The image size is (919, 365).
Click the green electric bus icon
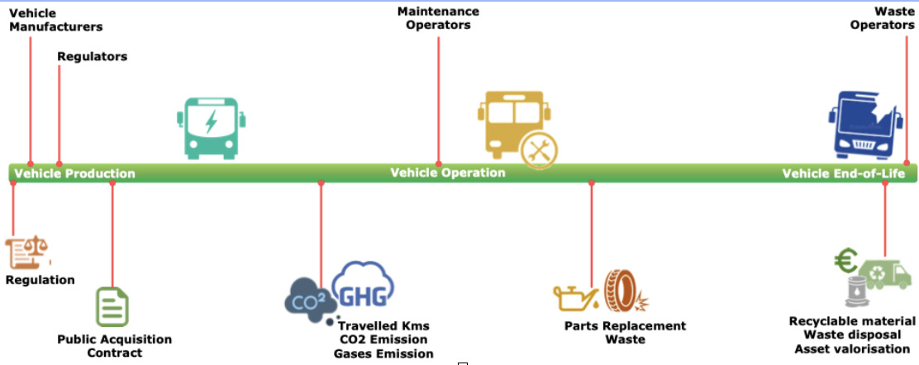pyautogui.click(x=212, y=127)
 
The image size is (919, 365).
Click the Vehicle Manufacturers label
pyautogui.click(x=55, y=20)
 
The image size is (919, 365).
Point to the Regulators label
pyautogui.click(x=92, y=57)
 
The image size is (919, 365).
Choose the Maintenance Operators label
pyautogui.click(x=437, y=18)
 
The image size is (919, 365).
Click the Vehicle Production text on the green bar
pyautogui.click(x=74, y=173)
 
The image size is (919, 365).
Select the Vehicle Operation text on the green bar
pyautogui.click(x=447, y=173)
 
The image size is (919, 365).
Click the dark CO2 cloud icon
pyautogui.click(x=309, y=297)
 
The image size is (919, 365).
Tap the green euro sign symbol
pyautogui.click(x=845, y=263)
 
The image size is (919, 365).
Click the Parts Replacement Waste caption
pyautogui.click(x=625, y=332)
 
